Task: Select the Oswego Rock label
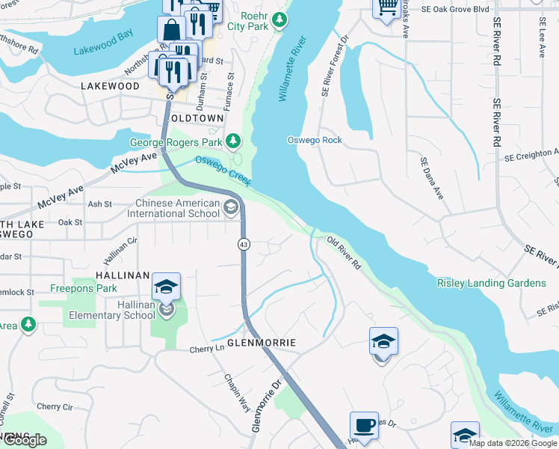coord(315,141)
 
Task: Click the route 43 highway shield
coord(244,244)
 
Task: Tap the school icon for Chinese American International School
coord(232,208)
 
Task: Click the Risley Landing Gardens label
coord(491,283)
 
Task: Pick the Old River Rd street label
coord(345,253)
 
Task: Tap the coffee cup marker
coord(364,425)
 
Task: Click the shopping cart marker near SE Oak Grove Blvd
coord(386,8)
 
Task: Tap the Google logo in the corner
coord(24,441)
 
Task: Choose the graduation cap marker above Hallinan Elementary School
coord(167,286)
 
